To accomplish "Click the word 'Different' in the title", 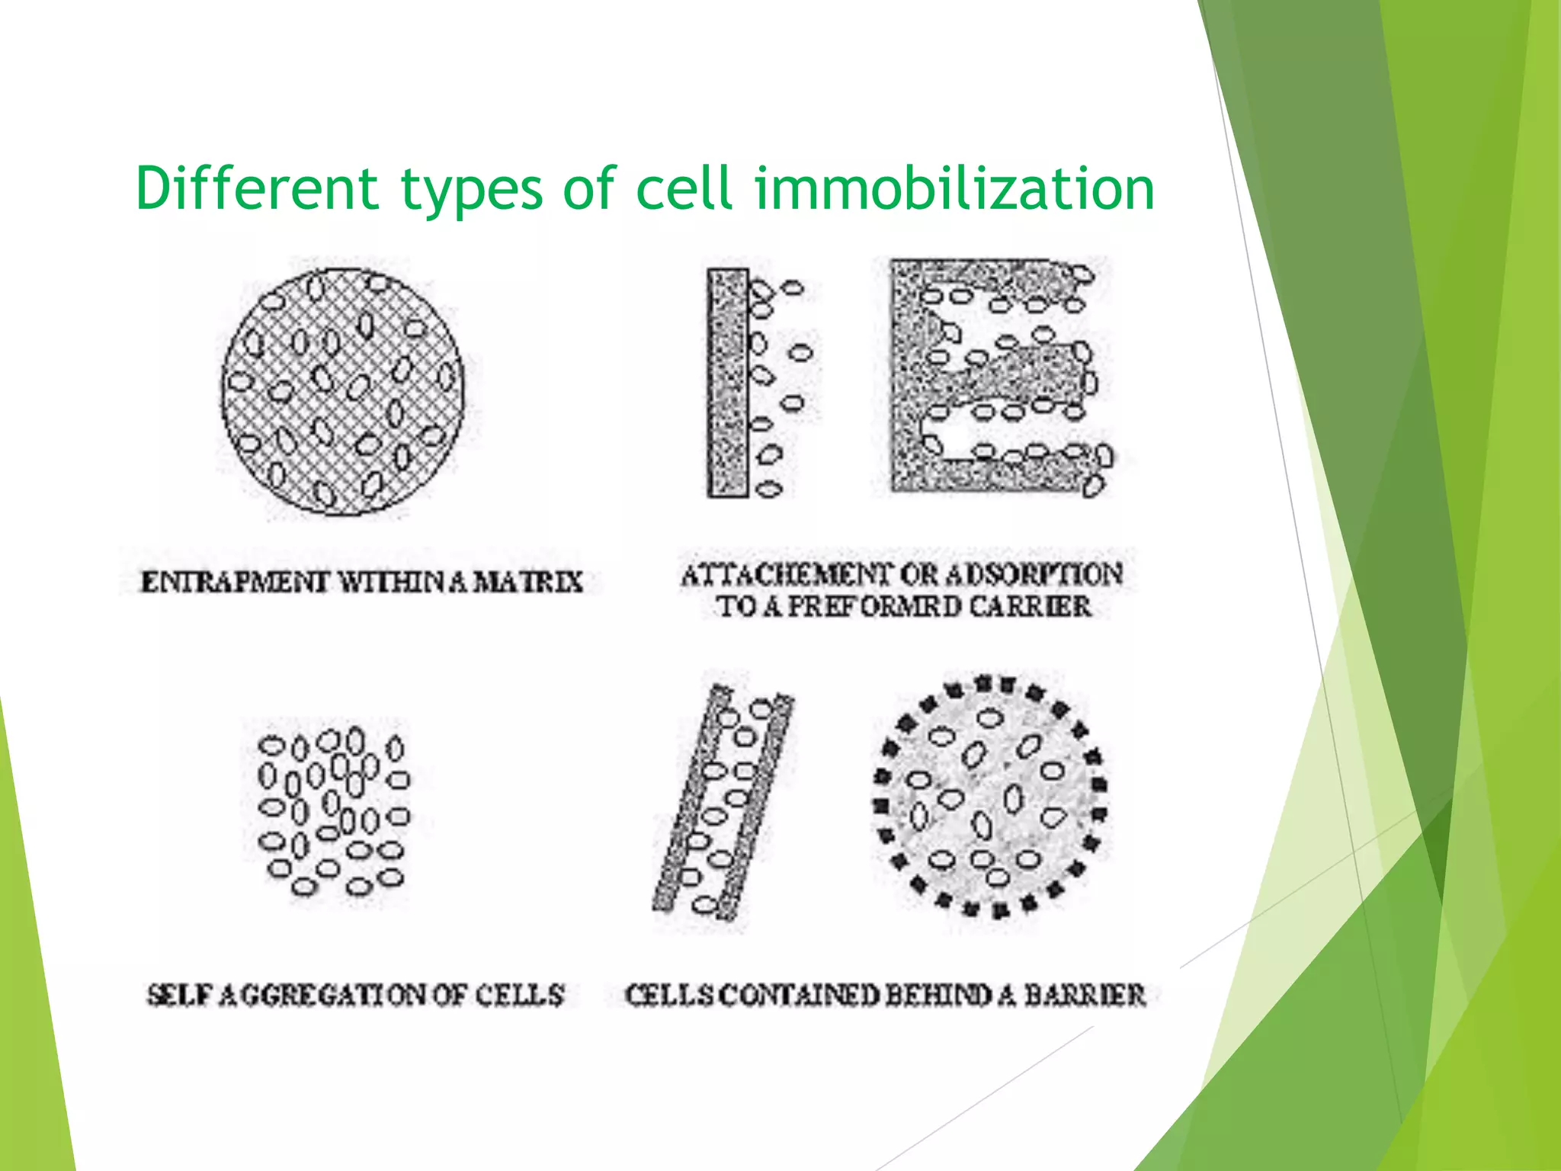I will (256, 188).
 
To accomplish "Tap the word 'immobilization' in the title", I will (954, 188).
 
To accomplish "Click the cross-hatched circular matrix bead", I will (342, 392).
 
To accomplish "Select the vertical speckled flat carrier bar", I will (728, 383).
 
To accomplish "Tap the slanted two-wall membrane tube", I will (723, 800).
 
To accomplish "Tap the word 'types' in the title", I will (472, 188).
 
